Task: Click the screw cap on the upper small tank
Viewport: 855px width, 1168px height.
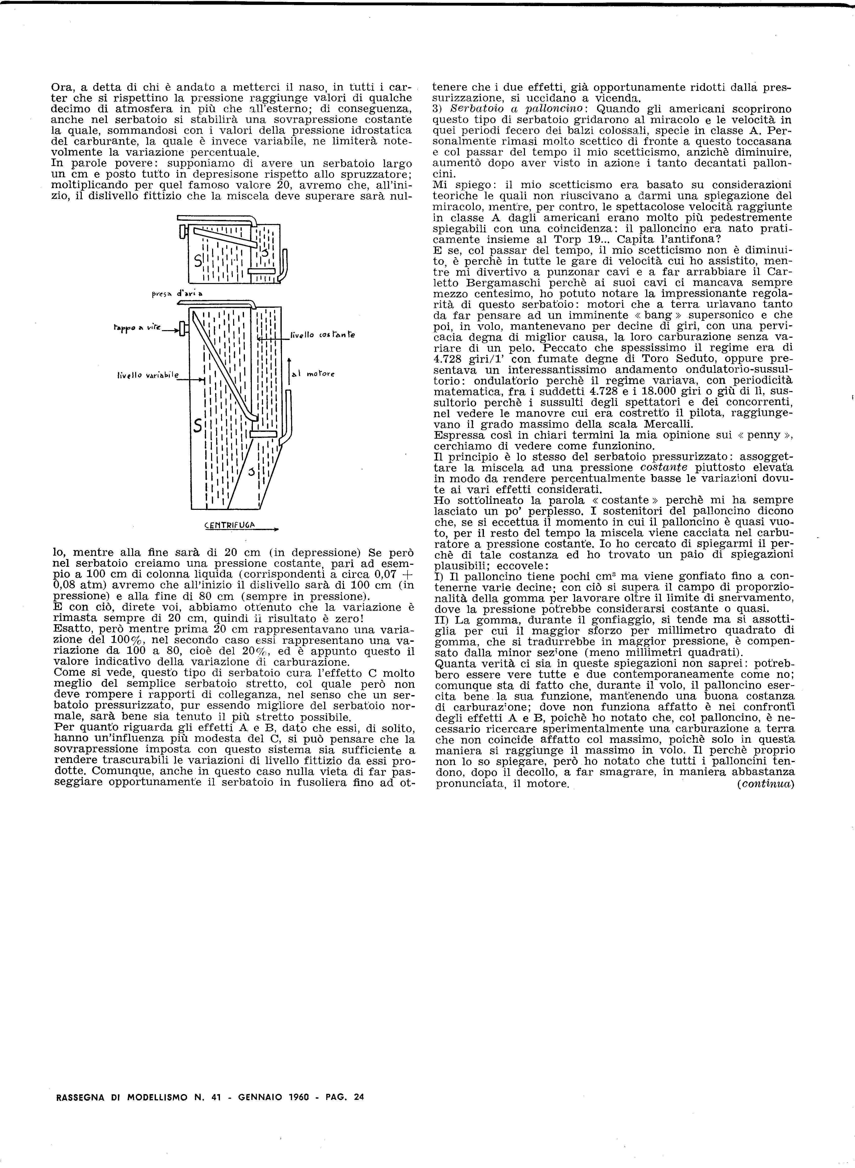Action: tap(182, 231)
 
